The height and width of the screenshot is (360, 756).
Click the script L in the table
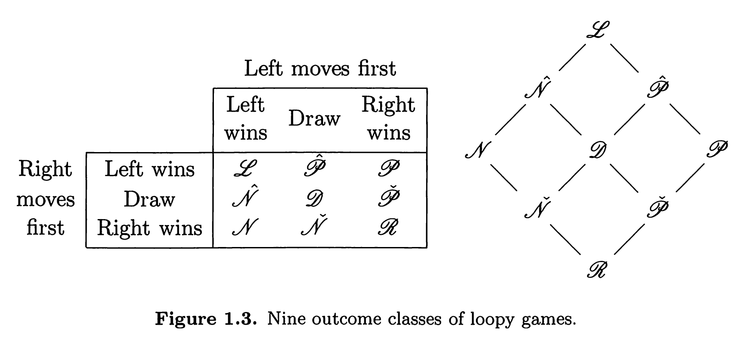tap(246, 169)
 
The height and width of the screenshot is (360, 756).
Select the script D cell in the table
tap(314, 198)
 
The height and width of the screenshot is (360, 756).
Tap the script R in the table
tap(388, 227)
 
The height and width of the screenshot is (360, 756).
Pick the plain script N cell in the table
tap(245, 227)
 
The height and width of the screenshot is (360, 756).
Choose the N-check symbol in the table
tap(314, 225)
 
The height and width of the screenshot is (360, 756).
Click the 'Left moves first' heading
tap(320, 69)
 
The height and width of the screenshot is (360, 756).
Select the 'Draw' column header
tap(314, 118)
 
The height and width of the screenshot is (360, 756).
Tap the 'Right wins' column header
tap(388, 118)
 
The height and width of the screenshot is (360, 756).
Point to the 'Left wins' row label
tap(149, 169)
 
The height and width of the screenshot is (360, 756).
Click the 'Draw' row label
tap(149, 199)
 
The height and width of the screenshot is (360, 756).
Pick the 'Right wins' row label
tap(149, 228)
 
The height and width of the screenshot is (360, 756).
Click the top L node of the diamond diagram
tap(597, 30)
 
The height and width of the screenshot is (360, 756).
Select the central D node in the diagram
tap(597, 150)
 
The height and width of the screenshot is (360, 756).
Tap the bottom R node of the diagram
tap(597, 270)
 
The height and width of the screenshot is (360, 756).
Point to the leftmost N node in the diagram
tap(478, 150)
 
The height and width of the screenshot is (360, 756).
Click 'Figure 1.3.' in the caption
tap(206, 319)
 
